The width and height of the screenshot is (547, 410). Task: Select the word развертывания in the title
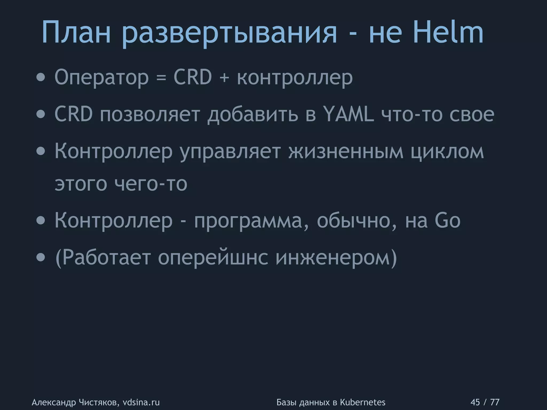[229, 35]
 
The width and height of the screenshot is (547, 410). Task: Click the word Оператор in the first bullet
[101, 78]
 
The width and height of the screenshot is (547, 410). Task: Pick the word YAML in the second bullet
[349, 114]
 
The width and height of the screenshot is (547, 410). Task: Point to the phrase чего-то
[151, 184]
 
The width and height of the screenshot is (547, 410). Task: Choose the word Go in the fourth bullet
[448, 220]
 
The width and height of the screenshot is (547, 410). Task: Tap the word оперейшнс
[213, 258]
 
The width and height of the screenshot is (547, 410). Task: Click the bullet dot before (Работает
[41, 258]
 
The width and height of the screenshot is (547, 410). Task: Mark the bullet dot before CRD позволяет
[41, 115]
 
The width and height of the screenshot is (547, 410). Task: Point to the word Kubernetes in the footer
[363, 402]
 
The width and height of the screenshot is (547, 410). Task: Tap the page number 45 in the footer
[475, 402]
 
